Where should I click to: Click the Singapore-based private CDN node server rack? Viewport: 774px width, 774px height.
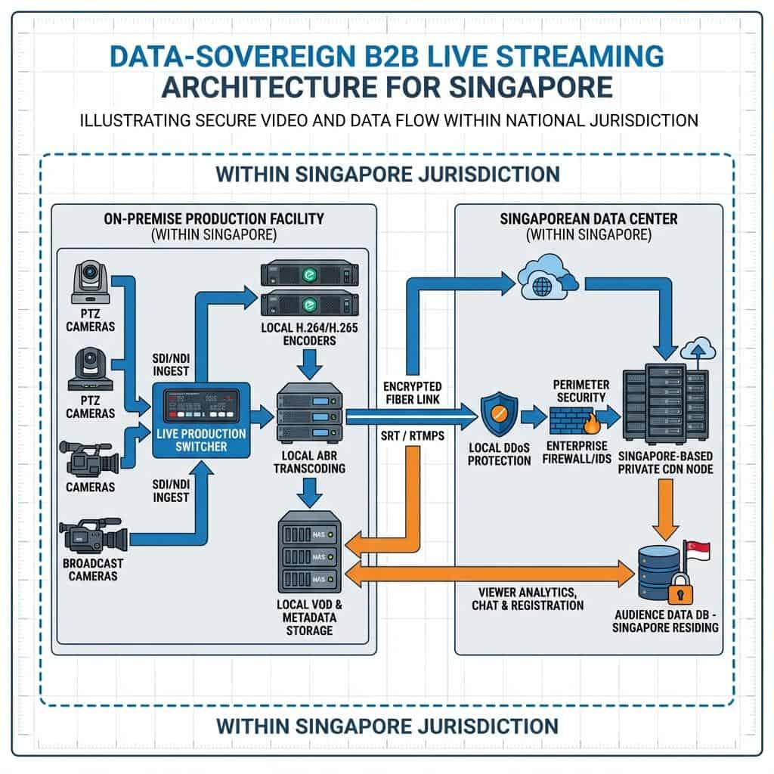664,407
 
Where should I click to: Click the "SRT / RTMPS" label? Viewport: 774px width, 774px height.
408,437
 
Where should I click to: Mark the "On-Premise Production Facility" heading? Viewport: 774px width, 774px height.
215,219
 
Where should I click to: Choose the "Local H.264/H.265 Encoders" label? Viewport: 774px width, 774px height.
308,335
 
